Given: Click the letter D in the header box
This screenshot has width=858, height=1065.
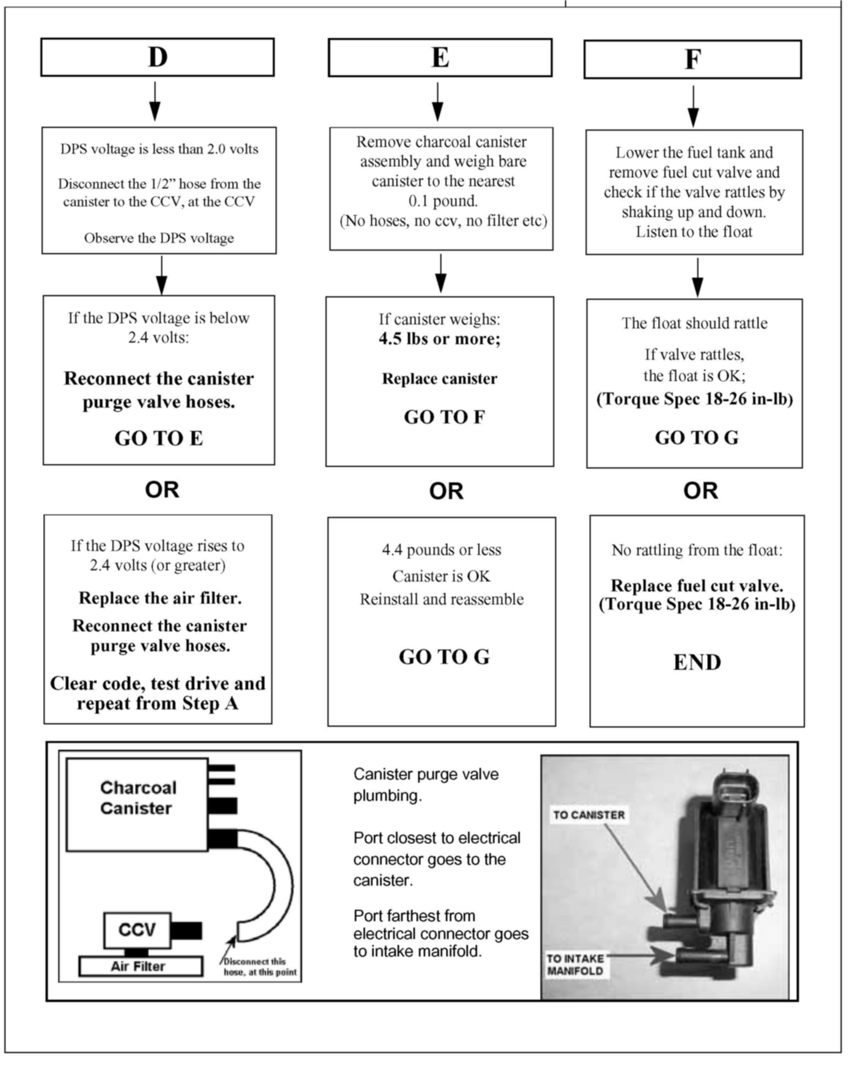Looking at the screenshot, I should [158, 57].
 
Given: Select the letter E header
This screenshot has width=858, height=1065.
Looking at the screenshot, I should [440, 58].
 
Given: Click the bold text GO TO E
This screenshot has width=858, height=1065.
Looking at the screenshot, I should [159, 438].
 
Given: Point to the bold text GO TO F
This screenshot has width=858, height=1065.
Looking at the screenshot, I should [444, 417].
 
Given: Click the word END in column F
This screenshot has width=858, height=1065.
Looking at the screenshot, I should [697, 663].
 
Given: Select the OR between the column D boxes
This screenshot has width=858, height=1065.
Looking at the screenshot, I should [162, 490].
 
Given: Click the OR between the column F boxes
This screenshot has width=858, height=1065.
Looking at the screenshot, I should [700, 491].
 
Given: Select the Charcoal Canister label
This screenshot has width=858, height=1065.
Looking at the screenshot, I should [137, 798].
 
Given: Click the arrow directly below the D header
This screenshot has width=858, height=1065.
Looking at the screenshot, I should [155, 101].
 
